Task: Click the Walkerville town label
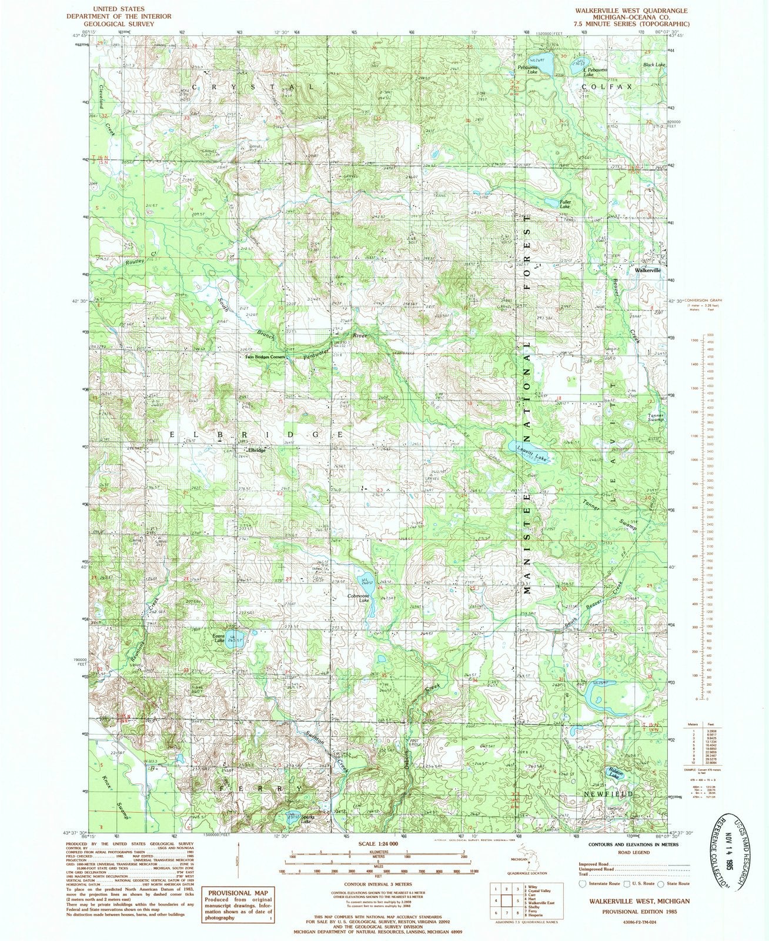(x=647, y=270)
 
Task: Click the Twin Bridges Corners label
(x=265, y=357)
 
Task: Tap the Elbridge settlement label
(x=256, y=450)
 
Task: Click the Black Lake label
(x=654, y=65)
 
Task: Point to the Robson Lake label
(x=614, y=776)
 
